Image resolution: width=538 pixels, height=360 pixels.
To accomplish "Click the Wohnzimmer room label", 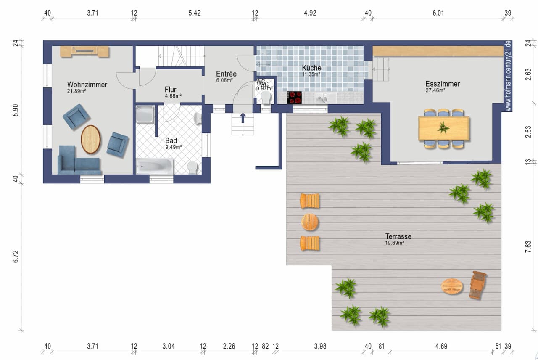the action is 87,85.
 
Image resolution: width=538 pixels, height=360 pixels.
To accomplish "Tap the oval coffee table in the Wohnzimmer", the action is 90,139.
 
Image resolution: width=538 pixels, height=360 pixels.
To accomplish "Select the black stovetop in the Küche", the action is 294,98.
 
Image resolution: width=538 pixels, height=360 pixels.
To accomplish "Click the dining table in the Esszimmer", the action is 443,128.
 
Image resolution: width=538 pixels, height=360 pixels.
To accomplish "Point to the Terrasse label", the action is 398,236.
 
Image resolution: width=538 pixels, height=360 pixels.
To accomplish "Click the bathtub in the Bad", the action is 154,166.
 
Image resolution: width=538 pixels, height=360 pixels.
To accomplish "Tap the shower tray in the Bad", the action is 145,114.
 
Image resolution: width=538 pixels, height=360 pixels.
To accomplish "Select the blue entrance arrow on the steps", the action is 243,118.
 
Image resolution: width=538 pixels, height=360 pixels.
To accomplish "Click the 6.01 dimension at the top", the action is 438,13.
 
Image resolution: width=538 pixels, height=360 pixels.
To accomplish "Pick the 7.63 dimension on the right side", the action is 528,246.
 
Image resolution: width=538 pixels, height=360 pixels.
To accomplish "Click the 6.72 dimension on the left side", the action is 16,257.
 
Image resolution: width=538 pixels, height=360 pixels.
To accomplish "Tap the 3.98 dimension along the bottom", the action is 320,346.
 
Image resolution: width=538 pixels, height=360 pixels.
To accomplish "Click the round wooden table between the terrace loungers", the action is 310,222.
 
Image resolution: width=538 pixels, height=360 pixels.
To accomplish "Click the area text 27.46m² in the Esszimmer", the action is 435,90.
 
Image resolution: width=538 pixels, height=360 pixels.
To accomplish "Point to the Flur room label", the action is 171,90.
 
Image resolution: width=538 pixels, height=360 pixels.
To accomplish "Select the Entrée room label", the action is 226,74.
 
